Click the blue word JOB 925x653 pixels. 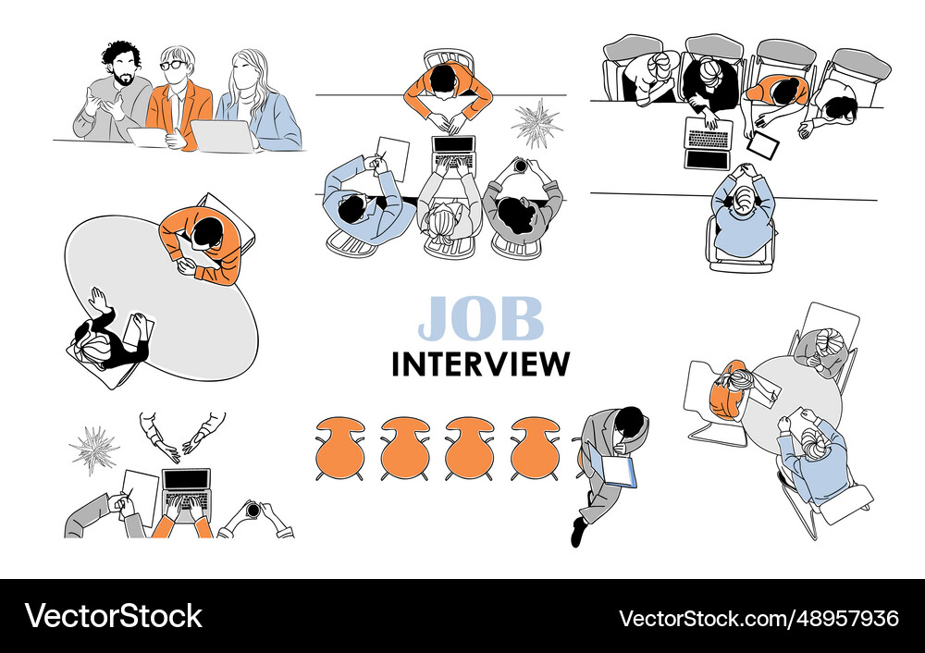480,318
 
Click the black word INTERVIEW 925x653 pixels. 480,363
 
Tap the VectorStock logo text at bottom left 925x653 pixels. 114,616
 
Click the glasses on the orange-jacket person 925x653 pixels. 171,66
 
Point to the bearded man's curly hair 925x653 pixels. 120,54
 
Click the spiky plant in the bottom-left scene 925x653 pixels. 93,450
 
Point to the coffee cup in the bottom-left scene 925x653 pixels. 252,511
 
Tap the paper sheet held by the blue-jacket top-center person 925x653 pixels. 394,154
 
